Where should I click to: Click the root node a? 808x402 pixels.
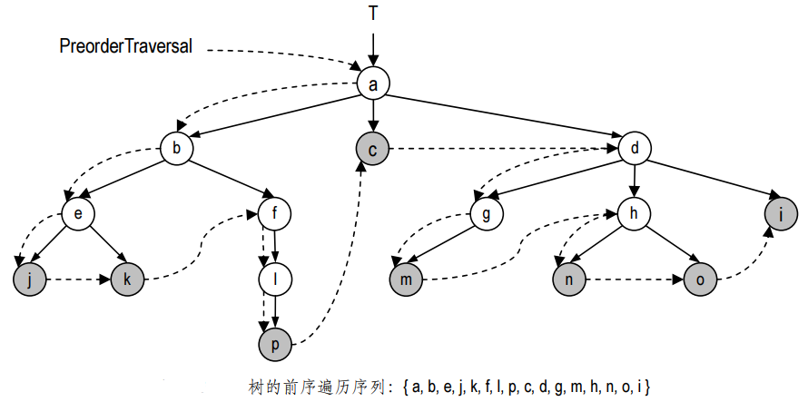click(372, 84)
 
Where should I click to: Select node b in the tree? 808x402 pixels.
click(177, 148)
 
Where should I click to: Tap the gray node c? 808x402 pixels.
click(372, 148)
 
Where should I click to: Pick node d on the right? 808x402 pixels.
click(636, 148)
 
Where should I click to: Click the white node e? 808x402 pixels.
click(78, 214)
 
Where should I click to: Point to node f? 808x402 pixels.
click(275, 214)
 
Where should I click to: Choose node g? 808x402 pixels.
click(487, 214)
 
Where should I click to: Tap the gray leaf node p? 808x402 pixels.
click(275, 345)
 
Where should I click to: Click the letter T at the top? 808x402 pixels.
click(372, 13)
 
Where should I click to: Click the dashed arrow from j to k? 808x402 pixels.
click(78, 279)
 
